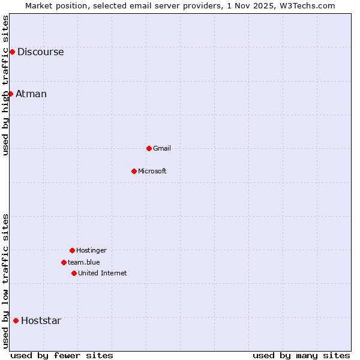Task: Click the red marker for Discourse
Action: tap(12, 52)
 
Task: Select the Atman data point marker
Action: tap(10, 94)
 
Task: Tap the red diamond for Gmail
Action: tap(149, 148)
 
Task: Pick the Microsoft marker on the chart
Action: tap(134, 171)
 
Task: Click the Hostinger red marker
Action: tap(72, 250)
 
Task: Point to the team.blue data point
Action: tap(64, 262)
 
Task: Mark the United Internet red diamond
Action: tap(74, 273)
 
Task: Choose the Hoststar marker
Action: tap(16, 320)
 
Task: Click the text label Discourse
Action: tap(40, 52)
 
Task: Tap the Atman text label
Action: tap(31, 94)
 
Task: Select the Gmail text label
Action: tap(162, 148)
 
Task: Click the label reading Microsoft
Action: tap(152, 171)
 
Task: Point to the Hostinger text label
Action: tap(91, 250)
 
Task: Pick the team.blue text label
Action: tap(84, 262)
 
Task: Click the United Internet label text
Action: tap(103, 273)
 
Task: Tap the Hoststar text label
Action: tap(41, 320)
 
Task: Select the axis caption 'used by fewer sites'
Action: tap(62, 355)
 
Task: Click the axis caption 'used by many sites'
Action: tap(301, 355)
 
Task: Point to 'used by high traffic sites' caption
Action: tap(5, 85)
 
